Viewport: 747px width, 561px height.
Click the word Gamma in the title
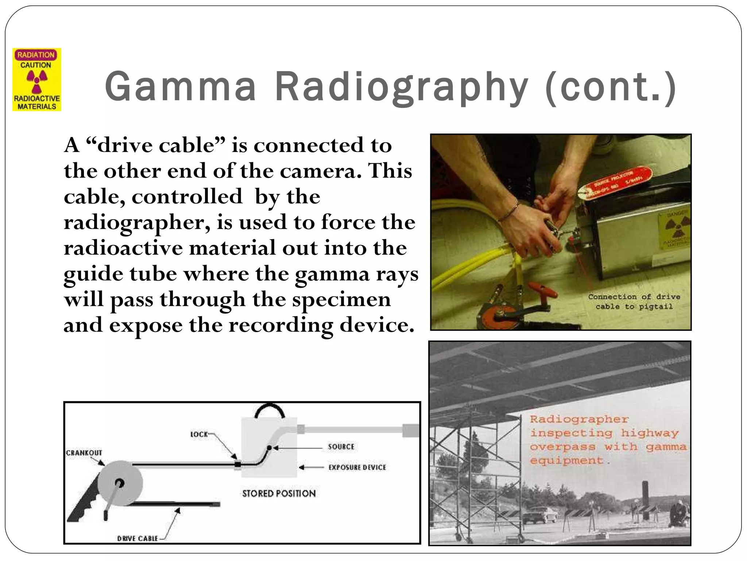(181, 87)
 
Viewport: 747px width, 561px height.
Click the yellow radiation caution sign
(37, 80)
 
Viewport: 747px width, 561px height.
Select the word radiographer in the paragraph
(136, 222)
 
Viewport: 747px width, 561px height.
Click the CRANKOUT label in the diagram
(84, 453)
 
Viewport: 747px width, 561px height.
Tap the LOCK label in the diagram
(199, 434)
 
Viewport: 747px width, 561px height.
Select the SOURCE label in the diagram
(341, 447)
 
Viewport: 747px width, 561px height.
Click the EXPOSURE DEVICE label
(357, 467)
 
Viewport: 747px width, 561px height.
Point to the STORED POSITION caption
(279, 493)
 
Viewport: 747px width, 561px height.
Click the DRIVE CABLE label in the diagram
(138, 538)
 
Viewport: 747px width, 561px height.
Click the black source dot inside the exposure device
(269, 447)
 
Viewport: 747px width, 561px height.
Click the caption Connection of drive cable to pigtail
(634, 302)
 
